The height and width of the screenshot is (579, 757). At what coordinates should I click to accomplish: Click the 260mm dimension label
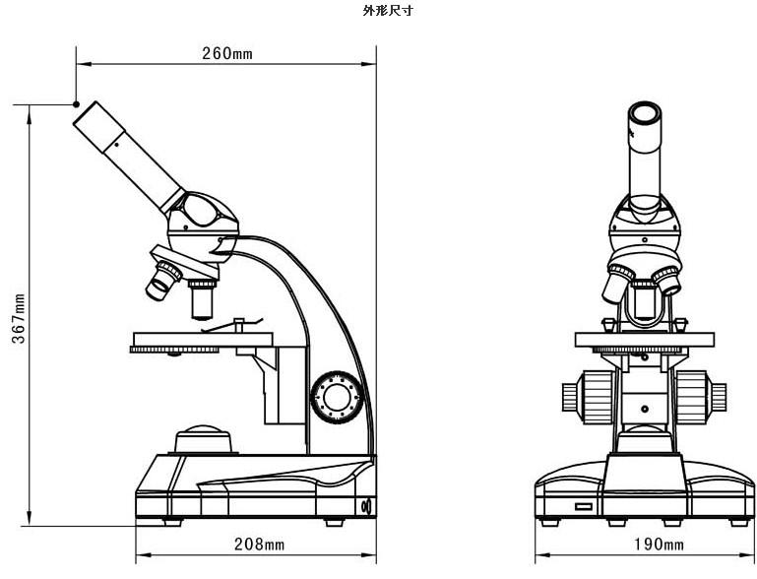click(227, 54)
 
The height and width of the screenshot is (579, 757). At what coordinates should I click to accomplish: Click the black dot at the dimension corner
click(76, 103)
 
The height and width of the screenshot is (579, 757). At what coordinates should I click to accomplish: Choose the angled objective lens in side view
click(161, 281)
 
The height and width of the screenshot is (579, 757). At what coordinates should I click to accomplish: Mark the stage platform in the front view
click(644, 339)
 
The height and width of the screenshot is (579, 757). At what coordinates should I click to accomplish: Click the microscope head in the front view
click(644, 225)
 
